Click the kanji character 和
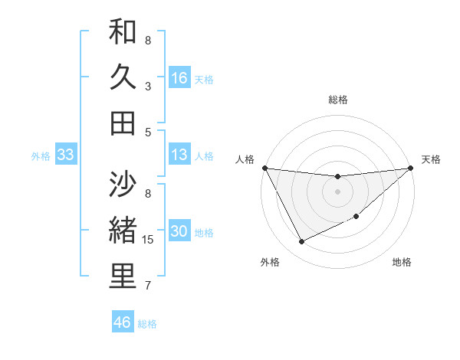point(123,33)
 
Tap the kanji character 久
point(123,77)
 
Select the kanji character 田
point(123,123)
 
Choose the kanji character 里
point(123,277)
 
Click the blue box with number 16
point(179,77)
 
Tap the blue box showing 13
point(179,155)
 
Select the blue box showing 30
point(179,232)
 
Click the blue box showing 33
point(65,155)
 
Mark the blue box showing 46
point(123,322)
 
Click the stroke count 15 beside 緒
point(149,240)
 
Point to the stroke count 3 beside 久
point(148,87)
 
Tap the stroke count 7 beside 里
point(148,286)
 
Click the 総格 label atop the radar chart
point(338,100)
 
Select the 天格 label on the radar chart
point(431,159)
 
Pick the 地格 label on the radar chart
point(402,262)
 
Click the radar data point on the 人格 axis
point(264,168)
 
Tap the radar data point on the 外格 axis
point(301,242)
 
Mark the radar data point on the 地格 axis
point(356,217)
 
